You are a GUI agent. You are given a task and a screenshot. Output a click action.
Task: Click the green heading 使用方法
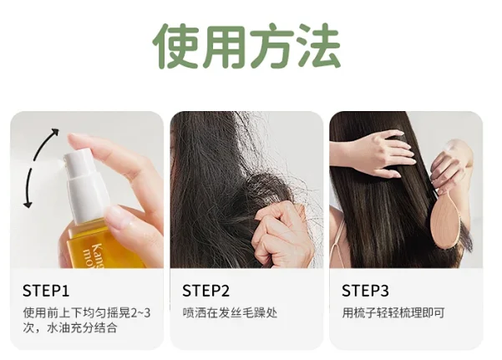pos(246,46)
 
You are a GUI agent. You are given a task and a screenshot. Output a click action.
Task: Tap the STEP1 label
pos(46,291)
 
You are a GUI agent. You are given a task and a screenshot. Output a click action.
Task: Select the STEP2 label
pos(205,291)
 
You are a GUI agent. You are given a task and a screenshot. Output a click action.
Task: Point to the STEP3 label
pos(365,291)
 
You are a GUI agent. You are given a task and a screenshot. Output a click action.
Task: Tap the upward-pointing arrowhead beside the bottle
pos(56,131)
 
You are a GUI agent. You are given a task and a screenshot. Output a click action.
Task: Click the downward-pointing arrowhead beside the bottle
pos(28,205)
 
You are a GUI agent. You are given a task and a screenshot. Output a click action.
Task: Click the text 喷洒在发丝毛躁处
pos(230,313)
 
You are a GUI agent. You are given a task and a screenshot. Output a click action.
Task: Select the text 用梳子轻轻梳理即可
pos(393,313)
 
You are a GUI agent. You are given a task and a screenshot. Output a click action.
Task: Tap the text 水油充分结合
pos(82,328)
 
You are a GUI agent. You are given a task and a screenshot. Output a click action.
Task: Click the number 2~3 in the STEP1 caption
pos(140,313)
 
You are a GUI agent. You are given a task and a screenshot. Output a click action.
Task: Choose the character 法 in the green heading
pos(318,46)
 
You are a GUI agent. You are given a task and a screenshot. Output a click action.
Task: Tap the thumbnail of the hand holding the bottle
pos(116,217)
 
